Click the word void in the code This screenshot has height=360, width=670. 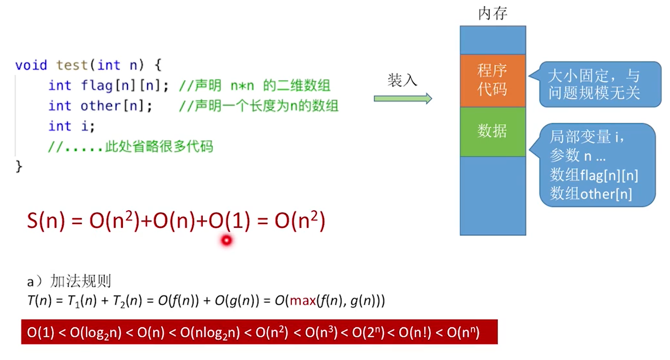(31, 65)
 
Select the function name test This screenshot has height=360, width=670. (72, 65)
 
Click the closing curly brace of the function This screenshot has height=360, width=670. (19, 166)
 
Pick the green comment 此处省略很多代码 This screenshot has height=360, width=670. (159, 146)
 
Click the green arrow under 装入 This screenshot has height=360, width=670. (403, 98)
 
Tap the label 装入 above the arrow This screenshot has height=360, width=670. (402, 80)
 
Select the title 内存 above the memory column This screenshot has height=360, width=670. (492, 14)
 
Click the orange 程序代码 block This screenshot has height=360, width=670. (493, 80)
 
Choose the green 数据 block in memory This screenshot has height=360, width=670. (493, 132)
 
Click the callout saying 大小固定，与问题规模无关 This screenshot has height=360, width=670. (600, 85)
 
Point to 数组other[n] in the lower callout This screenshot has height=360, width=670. (591, 194)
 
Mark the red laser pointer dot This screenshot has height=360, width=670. (227, 240)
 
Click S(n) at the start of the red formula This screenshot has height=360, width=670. (46, 221)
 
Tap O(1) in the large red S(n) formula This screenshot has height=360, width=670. (229, 221)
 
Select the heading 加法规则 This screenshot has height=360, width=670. (80, 281)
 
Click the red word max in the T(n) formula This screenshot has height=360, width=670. (303, 300)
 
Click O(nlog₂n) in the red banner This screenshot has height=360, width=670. (210, 333)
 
